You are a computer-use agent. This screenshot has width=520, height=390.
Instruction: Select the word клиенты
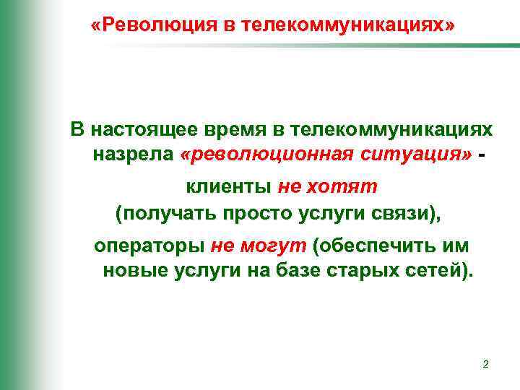click(228, 187)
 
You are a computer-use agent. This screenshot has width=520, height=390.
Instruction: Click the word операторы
click(149, 246)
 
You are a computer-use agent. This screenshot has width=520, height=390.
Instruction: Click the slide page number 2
click(485, 365)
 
